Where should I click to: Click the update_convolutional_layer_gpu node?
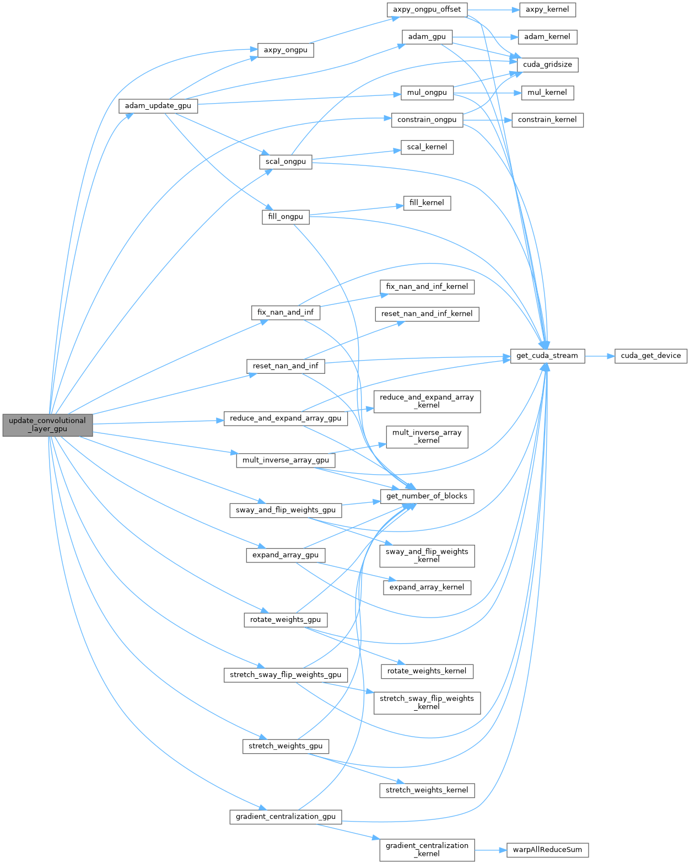click(47, 425)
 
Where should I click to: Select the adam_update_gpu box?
click(158, 106)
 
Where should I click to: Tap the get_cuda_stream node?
click(547, 356)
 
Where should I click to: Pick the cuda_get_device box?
click(650, 356)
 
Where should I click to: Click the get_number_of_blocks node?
click(427, 496)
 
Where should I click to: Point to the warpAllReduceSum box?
click(547, 850)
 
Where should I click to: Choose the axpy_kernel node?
click(547, 9)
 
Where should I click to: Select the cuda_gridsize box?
click(547, 65)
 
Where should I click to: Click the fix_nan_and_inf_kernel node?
click(427, 287)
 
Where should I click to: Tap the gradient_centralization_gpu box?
click(285, 817)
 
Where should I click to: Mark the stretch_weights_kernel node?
click(427, 790)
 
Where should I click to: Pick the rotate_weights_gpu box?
click(285, 620)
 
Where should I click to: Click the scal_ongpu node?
click(285, 162)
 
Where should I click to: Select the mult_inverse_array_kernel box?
click(427, 437)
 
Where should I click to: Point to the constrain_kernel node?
click(547, 120)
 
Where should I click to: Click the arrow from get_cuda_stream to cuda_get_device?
click(600, 356)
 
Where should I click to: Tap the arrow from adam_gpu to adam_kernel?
click(485, 37)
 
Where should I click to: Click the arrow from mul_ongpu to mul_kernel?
click(487, 93)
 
